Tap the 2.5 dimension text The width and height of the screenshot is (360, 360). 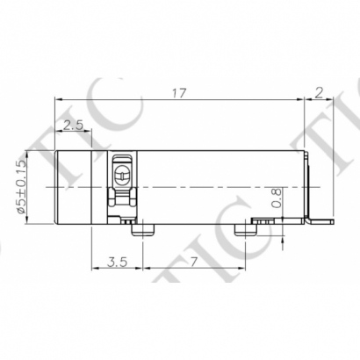pyautogui.click(x=74, y=123)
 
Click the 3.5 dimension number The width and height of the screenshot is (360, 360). pyautogui.click(x=113, y=262)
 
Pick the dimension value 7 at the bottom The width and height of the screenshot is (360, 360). pyautogui.click(x=191, y=262)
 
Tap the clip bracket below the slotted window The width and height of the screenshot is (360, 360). pyautogui.click(x=122, y=205)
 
